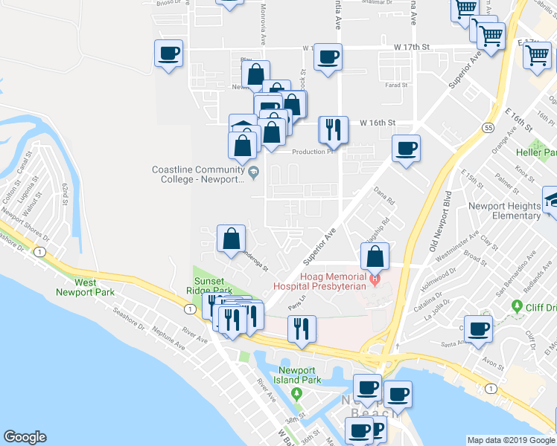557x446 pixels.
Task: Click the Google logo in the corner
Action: (x=25, y=437)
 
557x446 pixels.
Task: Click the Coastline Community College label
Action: (x=199, y=175)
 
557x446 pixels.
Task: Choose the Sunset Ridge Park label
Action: (x=214, y=285)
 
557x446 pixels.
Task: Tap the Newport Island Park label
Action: (x=299, y=375)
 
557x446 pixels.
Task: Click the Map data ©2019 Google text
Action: (x=511, y=440)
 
